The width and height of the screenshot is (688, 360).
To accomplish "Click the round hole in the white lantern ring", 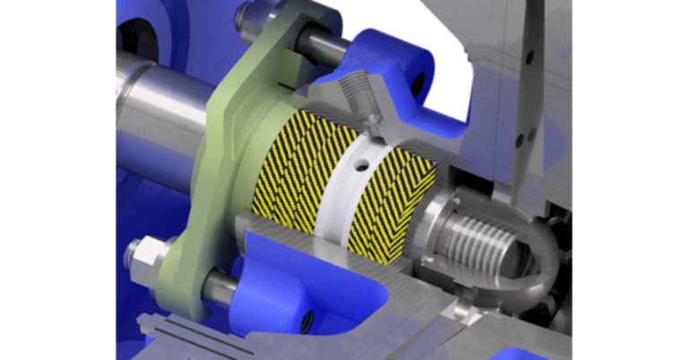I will [363, 165].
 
